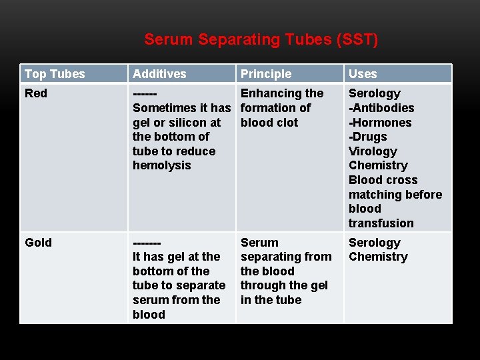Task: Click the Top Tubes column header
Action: click(55, 74)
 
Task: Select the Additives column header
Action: click(159, 74)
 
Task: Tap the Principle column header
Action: click(266, 74)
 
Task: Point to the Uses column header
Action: click(363, 74)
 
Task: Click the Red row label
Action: click(36, 93)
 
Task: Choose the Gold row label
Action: click(38, 243)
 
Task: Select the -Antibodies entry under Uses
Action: click(381, 108)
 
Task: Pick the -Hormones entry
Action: click(380, 123)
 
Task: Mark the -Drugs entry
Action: click(368, 137)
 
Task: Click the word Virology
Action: click(373, 151)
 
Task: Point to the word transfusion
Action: click(381, 223)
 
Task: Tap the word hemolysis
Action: click(161, 165)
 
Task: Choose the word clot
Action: click(287, 123)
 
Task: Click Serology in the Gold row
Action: click(375, 243)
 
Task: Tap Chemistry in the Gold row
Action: click(378, 257)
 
